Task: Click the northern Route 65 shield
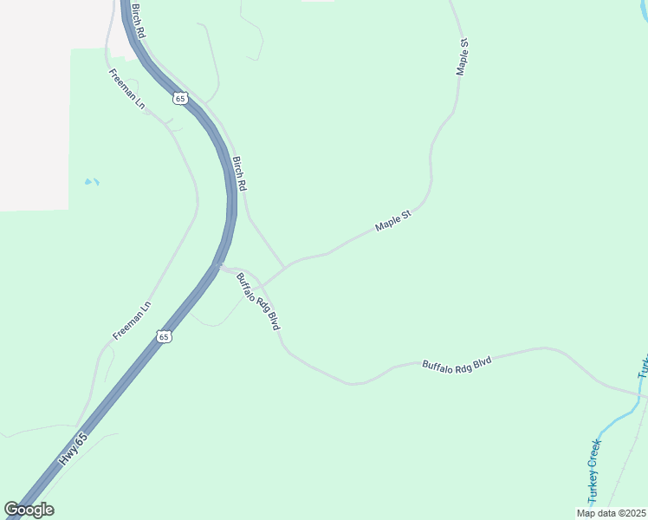click(179, 98)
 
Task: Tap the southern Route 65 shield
click(164, 335)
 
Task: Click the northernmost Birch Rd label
click(137, 19)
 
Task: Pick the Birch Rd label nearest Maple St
click(240, 173)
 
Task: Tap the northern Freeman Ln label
click(126, 88)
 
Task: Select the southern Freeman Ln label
click(133, 320)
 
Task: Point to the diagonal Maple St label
click(392, 220)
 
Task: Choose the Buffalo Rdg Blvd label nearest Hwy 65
click(257, 299)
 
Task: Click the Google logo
click(29, 510)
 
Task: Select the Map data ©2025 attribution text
click(611, 513)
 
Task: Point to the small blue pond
click(92, 182)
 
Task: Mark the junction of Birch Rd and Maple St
click(285, 265)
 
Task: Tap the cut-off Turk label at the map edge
click(644, 367)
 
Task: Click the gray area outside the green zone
click(35, 104)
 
